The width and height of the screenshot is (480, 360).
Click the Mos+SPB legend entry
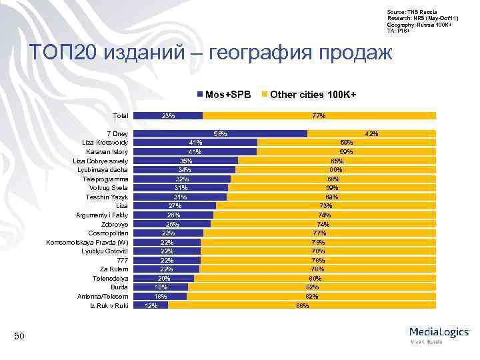(x=224, y=95)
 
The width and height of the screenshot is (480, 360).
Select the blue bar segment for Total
(x=168, y=115)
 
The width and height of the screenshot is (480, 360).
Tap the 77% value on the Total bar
(x=319, y=115)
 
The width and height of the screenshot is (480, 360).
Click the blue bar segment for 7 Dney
(x=220, y=133)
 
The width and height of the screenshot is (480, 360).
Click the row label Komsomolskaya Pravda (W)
(x=87, y=242)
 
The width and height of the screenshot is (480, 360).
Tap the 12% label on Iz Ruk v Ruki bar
(x=151, y=305)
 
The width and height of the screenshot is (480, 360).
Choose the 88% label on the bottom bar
(x=302, y=305)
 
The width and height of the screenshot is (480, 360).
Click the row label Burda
(x=119, y=287)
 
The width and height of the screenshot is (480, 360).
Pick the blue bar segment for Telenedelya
(x=164, y=278)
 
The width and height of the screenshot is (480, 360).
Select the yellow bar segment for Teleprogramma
(x=333, y=179)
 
